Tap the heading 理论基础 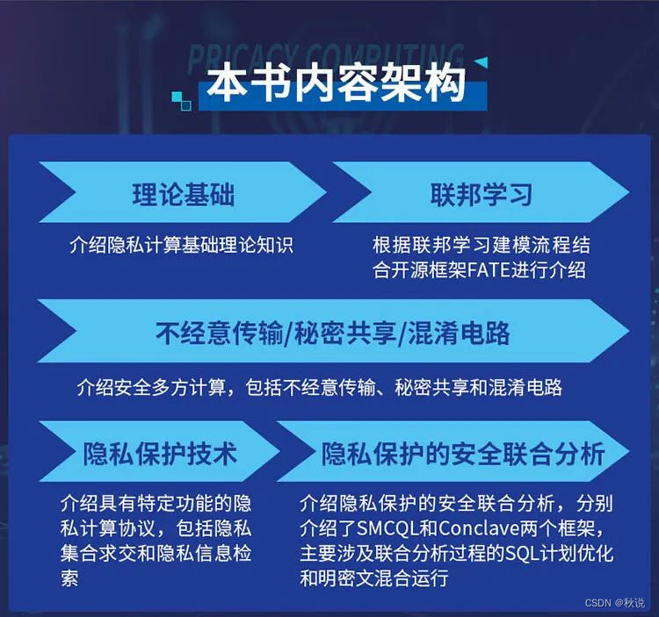click(184, 194)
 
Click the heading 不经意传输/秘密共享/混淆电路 click(333, 334)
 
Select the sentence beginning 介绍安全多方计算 click(320, 386)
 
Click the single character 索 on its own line click(69, 578)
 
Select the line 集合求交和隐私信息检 click(156, 554)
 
